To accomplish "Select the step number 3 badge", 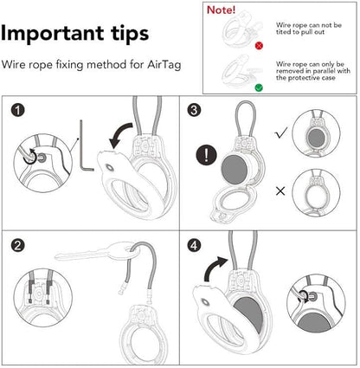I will coord(196,111).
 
